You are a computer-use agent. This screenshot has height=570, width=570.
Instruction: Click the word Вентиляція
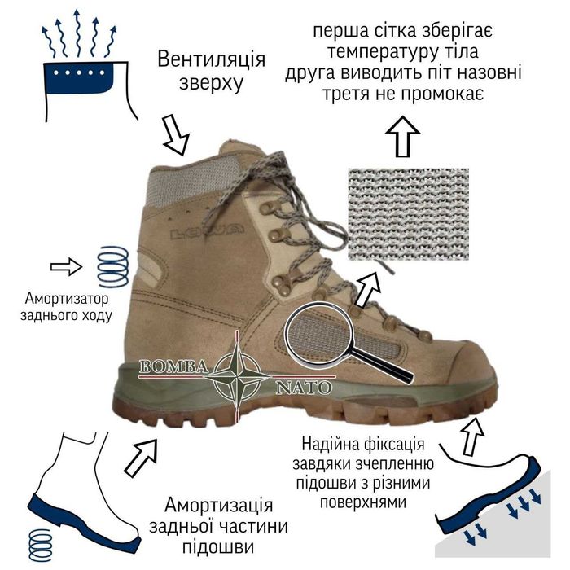point(212,60)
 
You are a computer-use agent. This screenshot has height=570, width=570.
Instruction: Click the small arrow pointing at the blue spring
point(66,265)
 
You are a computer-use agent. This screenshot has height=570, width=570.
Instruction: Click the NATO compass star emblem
point(240,375)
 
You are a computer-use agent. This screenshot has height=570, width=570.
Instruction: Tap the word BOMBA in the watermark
point(174,367)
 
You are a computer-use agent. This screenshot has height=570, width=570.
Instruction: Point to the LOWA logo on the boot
point(207,233)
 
